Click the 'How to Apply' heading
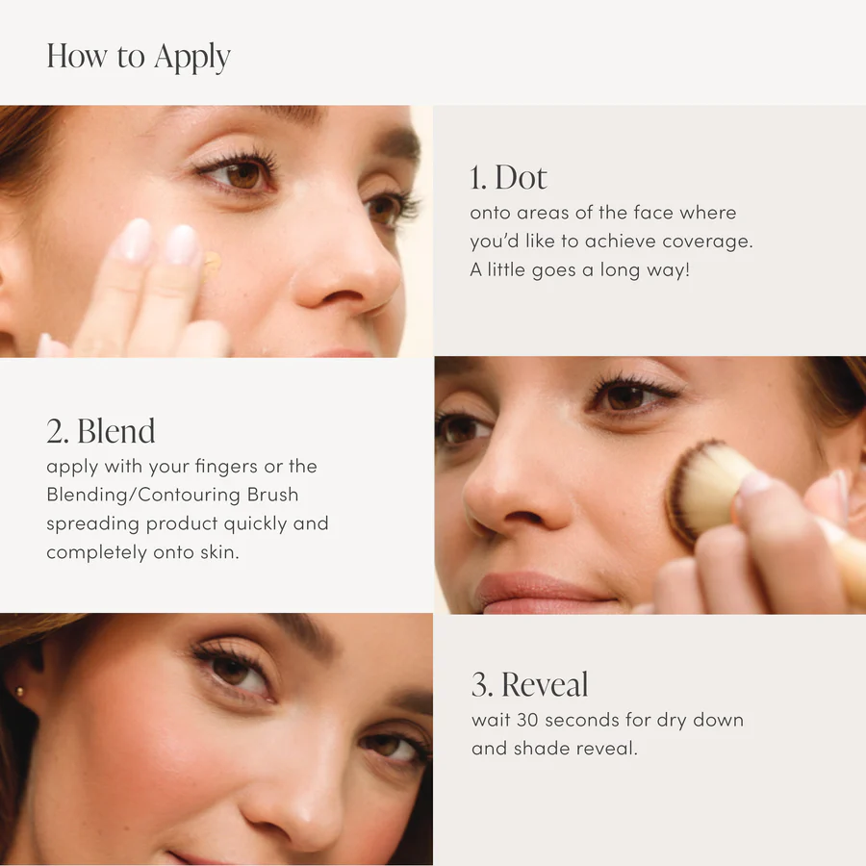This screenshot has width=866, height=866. (139, 57)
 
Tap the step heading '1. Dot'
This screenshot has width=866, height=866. (508, 178)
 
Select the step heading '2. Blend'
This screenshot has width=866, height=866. (101, 431)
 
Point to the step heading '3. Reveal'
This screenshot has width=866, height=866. (530, 685)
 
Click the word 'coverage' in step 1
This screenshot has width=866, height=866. (712, 241)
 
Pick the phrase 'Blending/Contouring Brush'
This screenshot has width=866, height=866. (172, 495)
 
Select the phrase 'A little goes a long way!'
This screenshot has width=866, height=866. (580, 269)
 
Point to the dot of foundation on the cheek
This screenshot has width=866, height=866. (211, 262)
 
